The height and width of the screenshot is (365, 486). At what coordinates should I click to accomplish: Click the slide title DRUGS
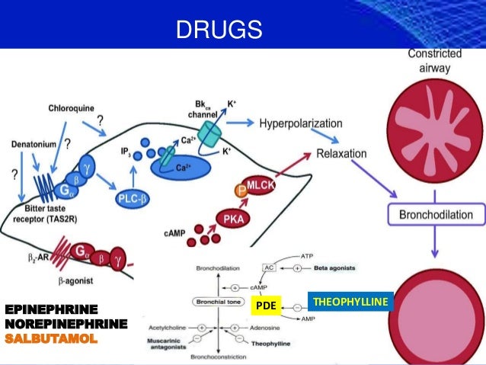tap(219, 30)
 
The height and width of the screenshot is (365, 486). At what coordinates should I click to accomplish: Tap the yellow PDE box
tap(264, 306)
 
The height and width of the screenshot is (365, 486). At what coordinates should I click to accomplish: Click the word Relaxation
tap(341, 154)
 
